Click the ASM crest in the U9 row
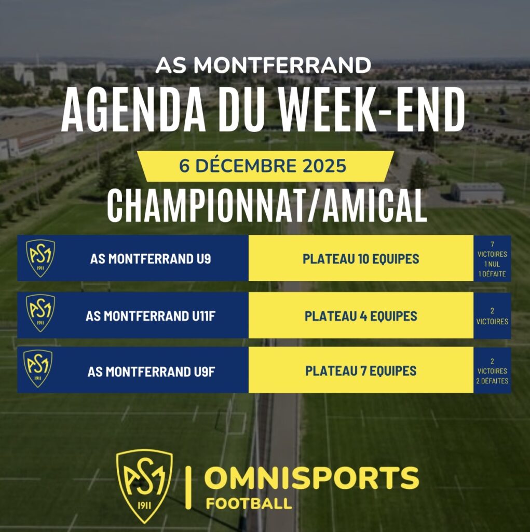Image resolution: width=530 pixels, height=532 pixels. click(40, 258)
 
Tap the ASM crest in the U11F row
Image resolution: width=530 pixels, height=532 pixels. click(40, 313)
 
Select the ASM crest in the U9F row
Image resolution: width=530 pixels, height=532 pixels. click(38, 368)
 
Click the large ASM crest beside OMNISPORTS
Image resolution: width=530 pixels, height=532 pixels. click(144, 486)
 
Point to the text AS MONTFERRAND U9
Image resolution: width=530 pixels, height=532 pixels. click(151, 259)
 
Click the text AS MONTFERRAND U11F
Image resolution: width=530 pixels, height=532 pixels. click(151, 316)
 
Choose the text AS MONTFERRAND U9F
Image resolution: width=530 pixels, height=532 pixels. click(151, 372)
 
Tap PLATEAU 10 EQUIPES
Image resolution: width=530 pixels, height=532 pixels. click(361, 259)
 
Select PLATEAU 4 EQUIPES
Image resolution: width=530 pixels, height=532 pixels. click(361, 316)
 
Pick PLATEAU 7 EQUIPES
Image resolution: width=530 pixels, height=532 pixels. click(361, 371)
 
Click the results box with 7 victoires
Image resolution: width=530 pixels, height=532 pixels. click(492, 258)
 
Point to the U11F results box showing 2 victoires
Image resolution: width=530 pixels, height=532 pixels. click(492, 315)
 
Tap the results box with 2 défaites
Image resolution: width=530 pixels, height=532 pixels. click(492, 370)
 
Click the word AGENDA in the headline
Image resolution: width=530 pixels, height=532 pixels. click(133, 110)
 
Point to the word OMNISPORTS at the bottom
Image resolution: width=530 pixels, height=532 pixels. click(311, 478)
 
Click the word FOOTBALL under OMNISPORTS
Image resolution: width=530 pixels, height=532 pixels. click(249, 503)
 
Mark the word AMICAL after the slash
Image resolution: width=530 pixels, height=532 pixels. click(374, 206)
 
